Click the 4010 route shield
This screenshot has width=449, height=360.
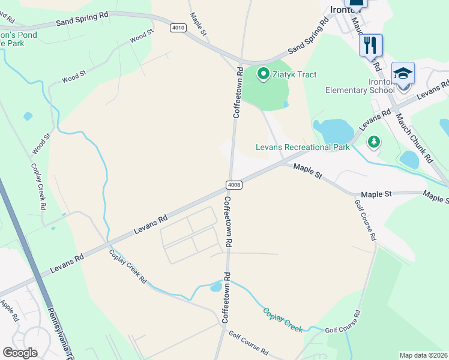click(177, 28)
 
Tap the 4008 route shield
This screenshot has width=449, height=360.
click(235, 185)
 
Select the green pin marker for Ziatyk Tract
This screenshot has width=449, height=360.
click(263, 74)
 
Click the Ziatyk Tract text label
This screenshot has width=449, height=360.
click(294, 74)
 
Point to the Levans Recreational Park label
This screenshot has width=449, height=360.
click(303, 147)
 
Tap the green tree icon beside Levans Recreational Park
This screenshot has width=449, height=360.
click(374, 142)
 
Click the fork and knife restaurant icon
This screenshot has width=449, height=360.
click(370, 44)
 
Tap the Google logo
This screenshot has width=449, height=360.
click(20, 352)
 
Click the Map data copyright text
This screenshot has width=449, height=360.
click(424, 355)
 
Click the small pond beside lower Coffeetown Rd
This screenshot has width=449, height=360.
click(215, 287)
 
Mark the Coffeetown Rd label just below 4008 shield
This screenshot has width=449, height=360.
click(228, 221)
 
